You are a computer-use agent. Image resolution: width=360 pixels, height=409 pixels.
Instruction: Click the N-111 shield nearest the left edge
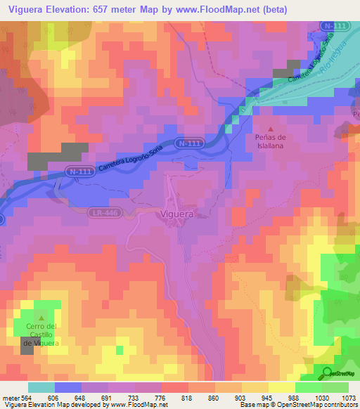pyautogui.click(x=79, y=171)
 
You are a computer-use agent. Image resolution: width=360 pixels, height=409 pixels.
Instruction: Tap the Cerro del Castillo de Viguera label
pyautogui.click(x=41, y=334)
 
